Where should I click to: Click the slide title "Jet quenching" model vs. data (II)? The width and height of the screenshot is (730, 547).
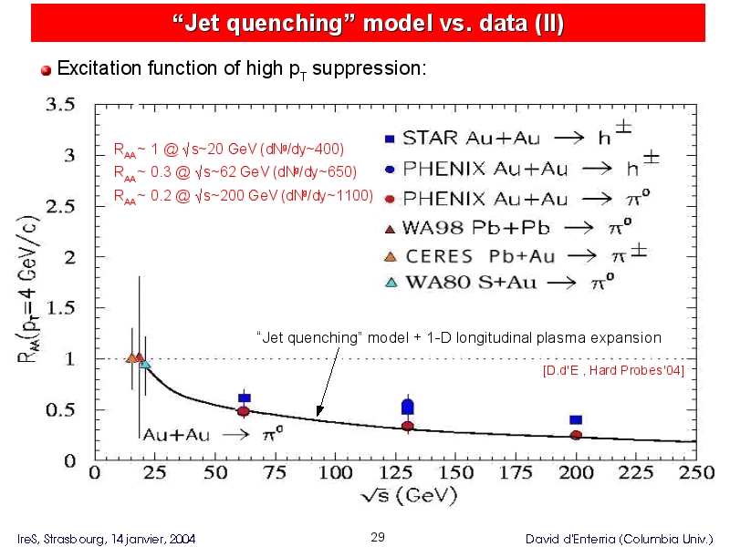[368, 22]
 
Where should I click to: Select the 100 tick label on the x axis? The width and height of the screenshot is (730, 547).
[335, 473]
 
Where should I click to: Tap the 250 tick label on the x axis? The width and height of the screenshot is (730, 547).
[696, 473]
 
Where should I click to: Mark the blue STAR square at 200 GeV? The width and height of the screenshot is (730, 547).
[576, 419]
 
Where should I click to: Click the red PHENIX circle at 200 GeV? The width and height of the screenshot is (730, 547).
[576, 435]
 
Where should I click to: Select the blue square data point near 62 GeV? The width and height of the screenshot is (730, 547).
[245, 397]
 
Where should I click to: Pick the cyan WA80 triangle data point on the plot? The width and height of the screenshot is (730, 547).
[145, 363]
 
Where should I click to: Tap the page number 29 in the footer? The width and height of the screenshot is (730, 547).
[378, 537]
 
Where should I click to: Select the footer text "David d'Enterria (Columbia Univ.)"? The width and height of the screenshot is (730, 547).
[620, 539]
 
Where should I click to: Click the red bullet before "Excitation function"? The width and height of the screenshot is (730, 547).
[47, 70]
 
